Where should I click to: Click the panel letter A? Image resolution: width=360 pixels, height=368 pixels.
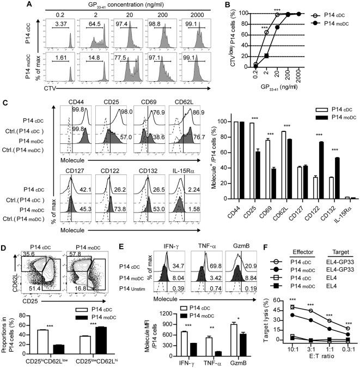tap(5, 4)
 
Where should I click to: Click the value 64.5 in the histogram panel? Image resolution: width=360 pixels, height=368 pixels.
tap(90, 25)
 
